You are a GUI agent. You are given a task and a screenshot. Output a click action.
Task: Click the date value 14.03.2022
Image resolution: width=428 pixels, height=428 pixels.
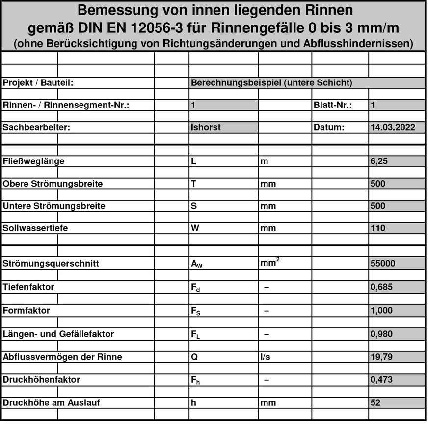pyautogui.click(x=393, y=127)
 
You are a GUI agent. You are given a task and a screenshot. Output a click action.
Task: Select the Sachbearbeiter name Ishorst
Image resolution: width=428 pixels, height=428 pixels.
pyautogui.click(x=206, y=127)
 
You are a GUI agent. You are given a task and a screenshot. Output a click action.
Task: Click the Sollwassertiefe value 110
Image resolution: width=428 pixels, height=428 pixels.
pyautogui.click(x=378, y=228)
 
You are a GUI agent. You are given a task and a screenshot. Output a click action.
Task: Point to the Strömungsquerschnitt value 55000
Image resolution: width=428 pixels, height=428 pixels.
pyautogui.click(x=382, y=263)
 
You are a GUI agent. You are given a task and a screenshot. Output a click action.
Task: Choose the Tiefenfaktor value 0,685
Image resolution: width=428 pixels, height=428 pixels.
pyautogui.click(x=381, y=287)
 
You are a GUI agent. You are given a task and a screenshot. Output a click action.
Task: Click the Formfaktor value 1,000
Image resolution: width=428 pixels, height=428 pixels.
pyautogui.click(x=381, y=310)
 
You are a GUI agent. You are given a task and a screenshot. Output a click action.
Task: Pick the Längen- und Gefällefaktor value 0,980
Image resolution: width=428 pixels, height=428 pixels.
pyautogui.click(x=381, y=334)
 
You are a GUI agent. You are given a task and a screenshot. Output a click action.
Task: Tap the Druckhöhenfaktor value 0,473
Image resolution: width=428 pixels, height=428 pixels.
pyautogui.click(x=381, y=379)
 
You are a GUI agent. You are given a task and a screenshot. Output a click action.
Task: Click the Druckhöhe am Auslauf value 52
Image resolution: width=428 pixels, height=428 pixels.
pyautogui.click(x=376, y=402)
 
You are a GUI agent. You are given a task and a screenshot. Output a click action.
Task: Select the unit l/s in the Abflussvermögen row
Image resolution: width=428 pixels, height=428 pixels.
pyautogui.click(x=265, y=357)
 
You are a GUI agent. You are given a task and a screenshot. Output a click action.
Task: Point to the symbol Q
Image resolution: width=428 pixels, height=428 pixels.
pyautogui.click(x=194, y=357)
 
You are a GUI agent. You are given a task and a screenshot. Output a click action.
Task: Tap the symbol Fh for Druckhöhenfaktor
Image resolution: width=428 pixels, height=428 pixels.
pyautogui.click(x=195, y=380)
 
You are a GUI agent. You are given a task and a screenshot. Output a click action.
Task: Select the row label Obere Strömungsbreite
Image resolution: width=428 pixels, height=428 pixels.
pyautogui.click(x=53, y=184)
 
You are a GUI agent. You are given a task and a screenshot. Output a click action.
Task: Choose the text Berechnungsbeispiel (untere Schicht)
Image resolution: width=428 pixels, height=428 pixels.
pyautogui.click(x=271, y=83)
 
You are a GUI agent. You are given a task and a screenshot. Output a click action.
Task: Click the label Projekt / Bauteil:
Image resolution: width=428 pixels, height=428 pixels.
pyautogui.click(x=38, y=83)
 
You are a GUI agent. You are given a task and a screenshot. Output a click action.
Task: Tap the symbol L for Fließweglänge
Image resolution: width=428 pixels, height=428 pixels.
pyautogui.click(x=193, y=161)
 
